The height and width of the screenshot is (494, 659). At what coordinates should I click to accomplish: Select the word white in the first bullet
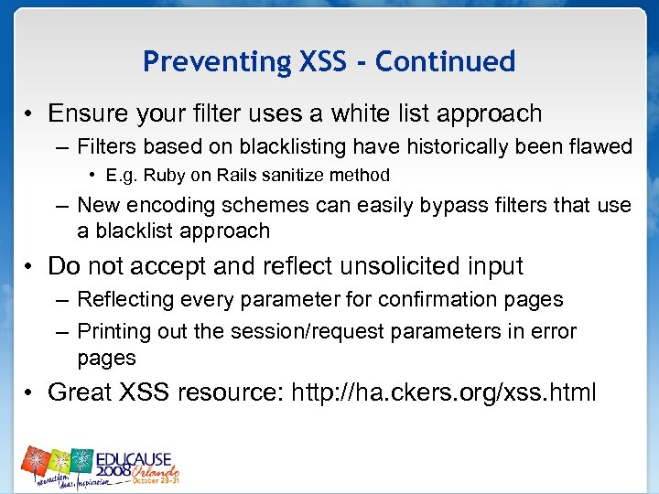pos(358,113)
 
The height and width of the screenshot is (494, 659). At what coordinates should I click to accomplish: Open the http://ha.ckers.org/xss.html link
pos(443,392)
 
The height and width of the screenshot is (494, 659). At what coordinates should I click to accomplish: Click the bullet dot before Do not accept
pos(30,267)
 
